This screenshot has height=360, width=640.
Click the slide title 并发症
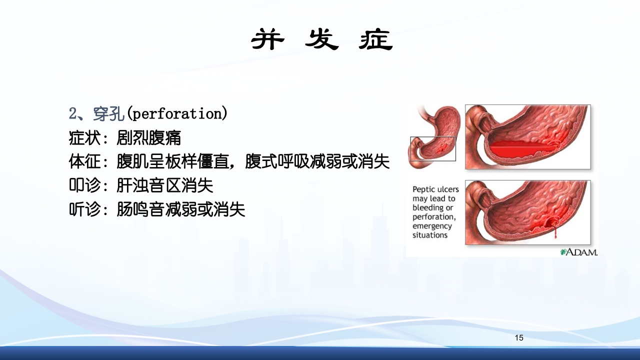[321, 39]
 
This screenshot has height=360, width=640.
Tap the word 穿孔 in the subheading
[108, 114]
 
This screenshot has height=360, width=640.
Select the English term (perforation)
[177, 114]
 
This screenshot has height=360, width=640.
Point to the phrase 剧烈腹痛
[149, 138]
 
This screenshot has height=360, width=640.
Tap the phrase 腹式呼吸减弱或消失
[317, 162]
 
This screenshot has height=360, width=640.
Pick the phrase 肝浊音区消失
[165, 186]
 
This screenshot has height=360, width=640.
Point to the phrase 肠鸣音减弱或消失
[181, 210]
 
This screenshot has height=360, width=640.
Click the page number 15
[519, 338]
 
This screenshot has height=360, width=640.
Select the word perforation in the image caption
[434, 217]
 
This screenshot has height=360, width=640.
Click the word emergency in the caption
[432, 226]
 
